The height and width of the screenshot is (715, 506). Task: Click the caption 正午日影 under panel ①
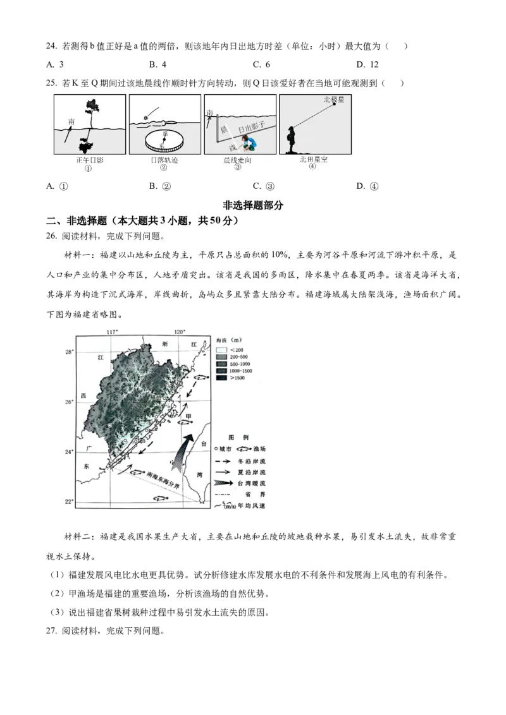[89, 160]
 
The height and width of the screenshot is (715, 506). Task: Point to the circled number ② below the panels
[163, 168]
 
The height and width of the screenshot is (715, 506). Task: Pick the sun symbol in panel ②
[147, 117]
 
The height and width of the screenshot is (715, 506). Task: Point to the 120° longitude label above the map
[179, 332]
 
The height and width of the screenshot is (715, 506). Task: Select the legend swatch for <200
[221, 349]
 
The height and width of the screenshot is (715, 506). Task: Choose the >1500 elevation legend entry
[221, 378]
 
